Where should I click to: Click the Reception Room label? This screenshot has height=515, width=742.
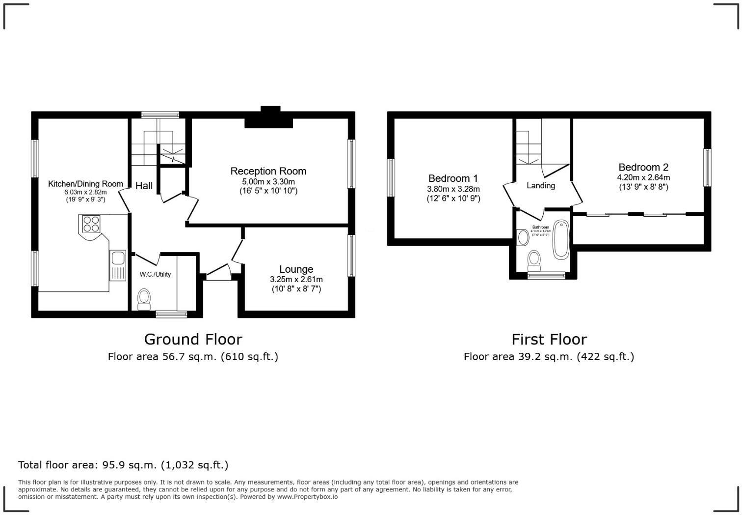(268, 171)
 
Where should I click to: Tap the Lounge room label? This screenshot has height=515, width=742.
(296, 269)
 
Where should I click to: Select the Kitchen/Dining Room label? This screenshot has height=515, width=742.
(85, 184)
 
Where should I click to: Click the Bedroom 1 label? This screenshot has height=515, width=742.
(453, 178)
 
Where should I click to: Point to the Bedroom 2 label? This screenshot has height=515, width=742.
(643, 167)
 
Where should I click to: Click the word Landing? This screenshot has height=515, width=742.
(540, 185)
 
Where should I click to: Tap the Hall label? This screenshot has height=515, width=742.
(144, 186)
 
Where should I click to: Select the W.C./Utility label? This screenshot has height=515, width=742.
(155, 274)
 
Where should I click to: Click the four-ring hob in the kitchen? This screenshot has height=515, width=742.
(91, 224)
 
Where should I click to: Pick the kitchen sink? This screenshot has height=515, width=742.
(118, 258)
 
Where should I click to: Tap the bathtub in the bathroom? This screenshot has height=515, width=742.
(560, 239)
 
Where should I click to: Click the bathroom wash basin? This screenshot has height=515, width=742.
(523, 237)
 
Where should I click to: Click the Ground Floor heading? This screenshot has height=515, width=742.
(193, 339)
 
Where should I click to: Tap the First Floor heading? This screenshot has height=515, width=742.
(549, 339)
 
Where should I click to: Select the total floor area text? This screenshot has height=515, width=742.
(123, 465)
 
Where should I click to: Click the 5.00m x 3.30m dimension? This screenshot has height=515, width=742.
(268, 182)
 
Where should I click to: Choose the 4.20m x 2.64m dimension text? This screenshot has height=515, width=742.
(643, 177)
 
